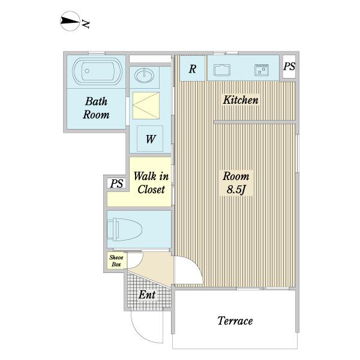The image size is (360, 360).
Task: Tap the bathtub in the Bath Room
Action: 97,71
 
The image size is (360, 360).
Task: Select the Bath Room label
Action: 96,108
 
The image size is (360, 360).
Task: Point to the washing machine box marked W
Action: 150,139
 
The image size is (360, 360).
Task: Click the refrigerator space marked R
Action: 193,68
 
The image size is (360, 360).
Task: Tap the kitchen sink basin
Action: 222,70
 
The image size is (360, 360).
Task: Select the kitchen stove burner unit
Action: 262,70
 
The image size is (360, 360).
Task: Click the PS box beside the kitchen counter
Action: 289,67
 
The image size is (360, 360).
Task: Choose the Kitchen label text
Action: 241,100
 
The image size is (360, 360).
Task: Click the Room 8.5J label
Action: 236,183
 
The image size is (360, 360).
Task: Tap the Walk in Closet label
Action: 151,183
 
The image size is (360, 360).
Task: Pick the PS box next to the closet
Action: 116,184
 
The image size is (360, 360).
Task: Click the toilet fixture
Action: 125,230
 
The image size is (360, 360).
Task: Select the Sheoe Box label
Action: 116,261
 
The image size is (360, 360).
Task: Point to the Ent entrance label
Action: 147,295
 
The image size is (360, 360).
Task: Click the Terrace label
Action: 235,321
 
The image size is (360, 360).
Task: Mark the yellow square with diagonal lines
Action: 146,106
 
